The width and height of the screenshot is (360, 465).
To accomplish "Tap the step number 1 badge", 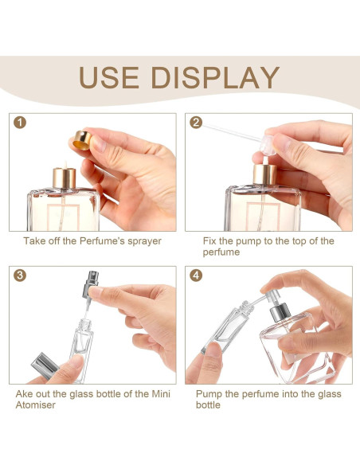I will tap(19, 123).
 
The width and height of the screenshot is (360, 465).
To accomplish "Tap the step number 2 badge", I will tap(194, 123).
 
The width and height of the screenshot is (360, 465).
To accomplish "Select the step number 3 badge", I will tap(19, 275).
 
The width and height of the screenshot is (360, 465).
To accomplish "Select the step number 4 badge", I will tap(194, 275).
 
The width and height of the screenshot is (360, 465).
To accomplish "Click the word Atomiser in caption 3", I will tap(37, 405).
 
